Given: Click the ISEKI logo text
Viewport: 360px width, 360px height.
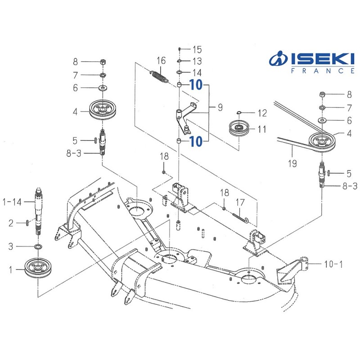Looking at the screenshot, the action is coord(323,58).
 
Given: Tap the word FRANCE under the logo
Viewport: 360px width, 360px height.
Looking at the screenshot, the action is coord(323,71).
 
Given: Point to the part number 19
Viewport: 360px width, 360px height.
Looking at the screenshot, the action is coord(292,163).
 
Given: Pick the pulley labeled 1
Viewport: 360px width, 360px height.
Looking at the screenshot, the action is coord(39,269).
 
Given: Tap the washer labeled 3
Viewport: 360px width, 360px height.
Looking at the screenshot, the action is coord(38,247).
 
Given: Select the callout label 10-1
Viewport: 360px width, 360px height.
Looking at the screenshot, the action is coord(333,264).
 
